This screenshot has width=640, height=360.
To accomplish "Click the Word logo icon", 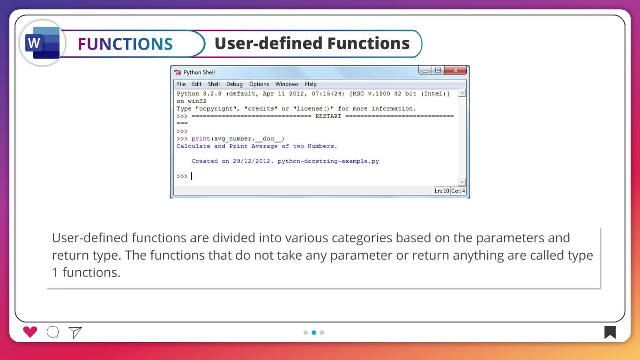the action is tap(42, 43).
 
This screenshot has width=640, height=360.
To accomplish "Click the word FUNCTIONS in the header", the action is tap(125, 44).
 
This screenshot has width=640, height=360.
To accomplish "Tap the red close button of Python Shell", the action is tap(455, 70).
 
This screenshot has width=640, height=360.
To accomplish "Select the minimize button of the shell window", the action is tap(425, 70).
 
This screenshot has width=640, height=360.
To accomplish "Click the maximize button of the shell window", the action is tap(438, 70).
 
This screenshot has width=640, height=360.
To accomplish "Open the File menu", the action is tap(181, 84).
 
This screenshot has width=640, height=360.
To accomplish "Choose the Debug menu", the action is tap(234, 84).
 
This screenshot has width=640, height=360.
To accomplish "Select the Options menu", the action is tap(259, 84).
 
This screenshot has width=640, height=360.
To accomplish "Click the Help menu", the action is tap(311, 84).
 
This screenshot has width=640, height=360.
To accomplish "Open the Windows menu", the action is tap(287, 84).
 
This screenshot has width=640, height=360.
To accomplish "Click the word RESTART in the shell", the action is tap(328, 116).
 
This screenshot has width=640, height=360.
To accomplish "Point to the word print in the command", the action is tap(201, 139).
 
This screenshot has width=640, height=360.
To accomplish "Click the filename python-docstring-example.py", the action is tap(328, 161).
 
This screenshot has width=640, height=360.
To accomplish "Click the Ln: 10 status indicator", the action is tap(442, 191).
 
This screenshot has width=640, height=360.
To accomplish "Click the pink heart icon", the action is tap(30, 332).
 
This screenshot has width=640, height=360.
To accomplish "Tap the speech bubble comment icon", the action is tap(53, 332).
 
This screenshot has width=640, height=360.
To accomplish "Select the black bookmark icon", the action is tap(610, 332).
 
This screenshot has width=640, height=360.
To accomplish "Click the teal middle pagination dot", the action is tap(314, 332).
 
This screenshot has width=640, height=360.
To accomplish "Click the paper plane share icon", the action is tap(75, 332).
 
